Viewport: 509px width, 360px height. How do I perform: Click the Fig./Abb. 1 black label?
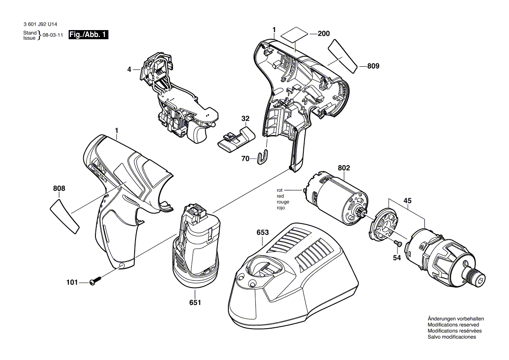tap(88, 35)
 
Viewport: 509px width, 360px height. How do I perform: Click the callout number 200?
tap(324, 34)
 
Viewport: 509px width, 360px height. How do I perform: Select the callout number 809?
tap(373, 66)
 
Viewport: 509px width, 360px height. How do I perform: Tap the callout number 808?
tap(59, 188)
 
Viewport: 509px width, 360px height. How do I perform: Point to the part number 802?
tap(344, 168)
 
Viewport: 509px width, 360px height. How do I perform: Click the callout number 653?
tap(263, 232)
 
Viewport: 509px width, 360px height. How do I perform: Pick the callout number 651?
tap(195, 302)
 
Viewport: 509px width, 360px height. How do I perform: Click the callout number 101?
tap(72, 282)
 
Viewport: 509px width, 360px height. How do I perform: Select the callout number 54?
tap(397, 258)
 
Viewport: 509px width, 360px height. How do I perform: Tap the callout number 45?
tap(407, 200)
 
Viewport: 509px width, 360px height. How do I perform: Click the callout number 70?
tap(245, 158)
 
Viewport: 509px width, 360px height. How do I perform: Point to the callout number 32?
tap(245, 119)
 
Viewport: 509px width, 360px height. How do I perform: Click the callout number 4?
tap(129, 69)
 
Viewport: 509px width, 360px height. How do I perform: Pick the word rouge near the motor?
tap(283, 202)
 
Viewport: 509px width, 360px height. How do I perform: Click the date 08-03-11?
tap(53, 35)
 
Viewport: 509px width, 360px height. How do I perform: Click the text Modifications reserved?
tap(453, 325)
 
